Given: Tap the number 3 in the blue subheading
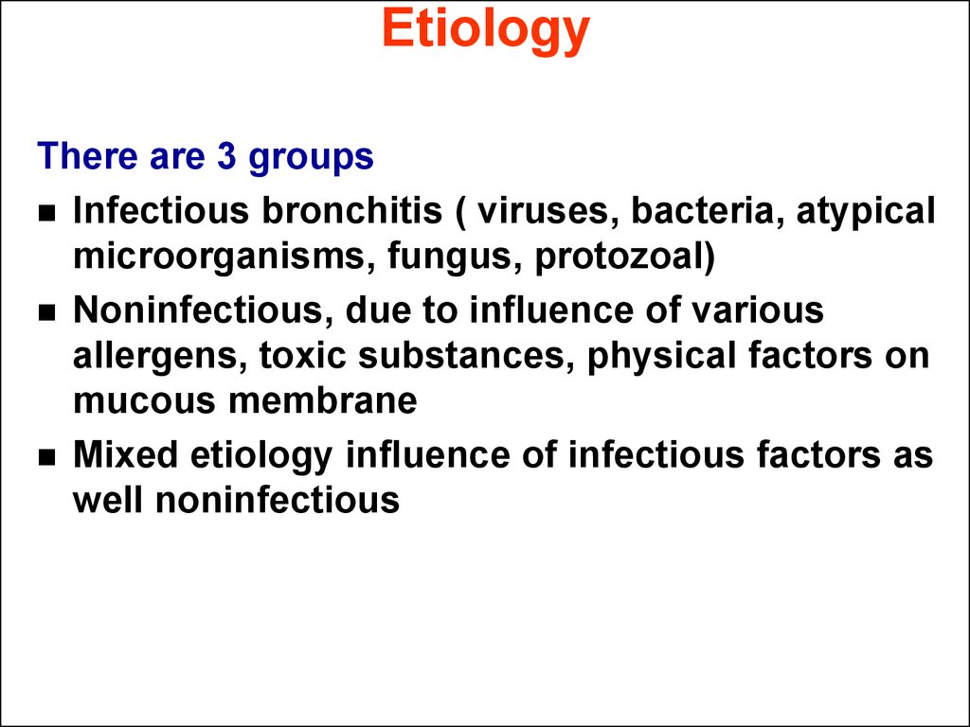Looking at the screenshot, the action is (226, 155).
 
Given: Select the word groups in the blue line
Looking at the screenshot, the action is (311, 158).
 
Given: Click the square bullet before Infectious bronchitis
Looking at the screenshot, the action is (46, 214).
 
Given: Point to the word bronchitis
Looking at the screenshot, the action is (352, 210).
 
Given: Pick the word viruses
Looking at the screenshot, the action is (548, 211).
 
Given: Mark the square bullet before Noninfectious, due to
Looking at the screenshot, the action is (46, 312).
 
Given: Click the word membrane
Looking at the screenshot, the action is (323, 400).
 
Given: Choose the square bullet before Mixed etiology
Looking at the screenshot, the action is (46, 457).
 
